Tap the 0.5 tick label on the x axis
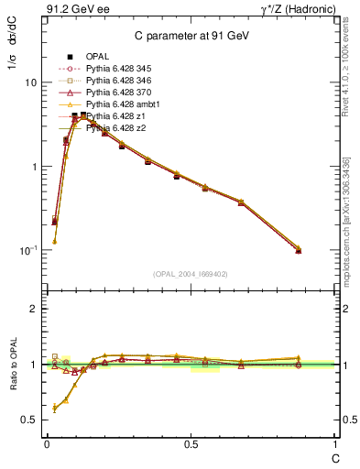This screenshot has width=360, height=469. click(191, 443)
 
